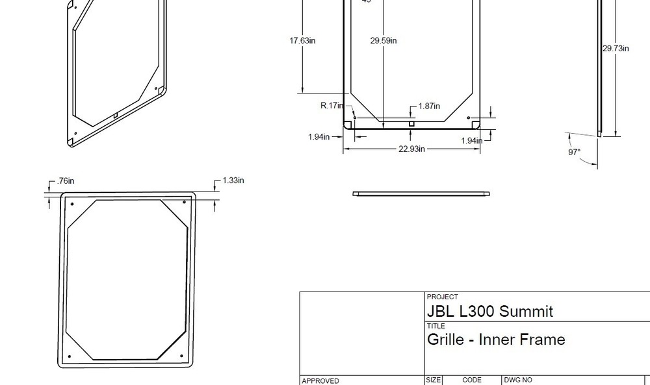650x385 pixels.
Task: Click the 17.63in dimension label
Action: pos(302,40)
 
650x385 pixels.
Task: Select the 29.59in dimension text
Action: pos(383,40)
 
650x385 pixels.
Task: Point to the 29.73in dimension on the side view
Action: pos(615,48)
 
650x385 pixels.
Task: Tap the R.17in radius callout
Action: pos(331,106)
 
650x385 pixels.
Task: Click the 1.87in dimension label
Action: pos(429,106)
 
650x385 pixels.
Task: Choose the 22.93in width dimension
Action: pos(411,149)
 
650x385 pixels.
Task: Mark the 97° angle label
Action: pos(574,152)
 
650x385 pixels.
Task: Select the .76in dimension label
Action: pos(65,180)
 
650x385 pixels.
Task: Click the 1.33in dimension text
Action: pos(233,180)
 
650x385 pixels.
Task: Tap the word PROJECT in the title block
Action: pos(442,297)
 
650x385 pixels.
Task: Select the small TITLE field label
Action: pos(435,326)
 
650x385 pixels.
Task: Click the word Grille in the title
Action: pos(446,340)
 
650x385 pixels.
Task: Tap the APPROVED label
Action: pos(320,381)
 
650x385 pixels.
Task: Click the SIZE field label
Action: pos(434,380)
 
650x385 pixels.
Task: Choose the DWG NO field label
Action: pos(518,380)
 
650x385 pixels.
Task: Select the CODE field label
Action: pos(472,380)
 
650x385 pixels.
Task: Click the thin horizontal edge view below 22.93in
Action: pos(421,193)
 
